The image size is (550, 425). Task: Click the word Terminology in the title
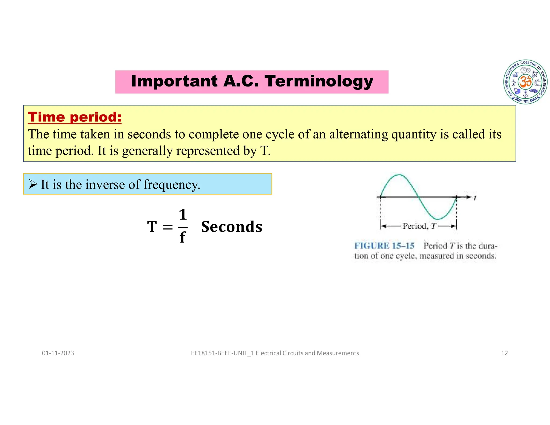click(x=319, y=81)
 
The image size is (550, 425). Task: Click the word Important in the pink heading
click(x=174, y=81)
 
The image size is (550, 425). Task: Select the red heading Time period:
click(x=75, y=117)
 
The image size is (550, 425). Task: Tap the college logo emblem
click(x=525, y=82)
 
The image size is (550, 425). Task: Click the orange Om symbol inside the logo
click(x=525, y=81)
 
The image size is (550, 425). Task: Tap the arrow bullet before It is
click(x=33, y=184)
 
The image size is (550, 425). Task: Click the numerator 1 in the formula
click(x=183, y=215)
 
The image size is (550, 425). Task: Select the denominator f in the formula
click(x=182, y=237)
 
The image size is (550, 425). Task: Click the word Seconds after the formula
click(x=231, y=227)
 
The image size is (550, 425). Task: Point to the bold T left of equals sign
click(x=152, y=227)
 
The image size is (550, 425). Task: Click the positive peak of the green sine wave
click(x=399, y=175)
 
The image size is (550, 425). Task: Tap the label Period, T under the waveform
click(x=419, y=226)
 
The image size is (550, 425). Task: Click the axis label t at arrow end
click(x=475, y=198)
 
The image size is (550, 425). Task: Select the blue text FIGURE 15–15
click(x=384, y=246)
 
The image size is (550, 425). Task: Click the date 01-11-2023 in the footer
click(x=58, y=353)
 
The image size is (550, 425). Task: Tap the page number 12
click(x=504, y=353)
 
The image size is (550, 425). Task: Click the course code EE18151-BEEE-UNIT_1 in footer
click(x=222, y=353)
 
